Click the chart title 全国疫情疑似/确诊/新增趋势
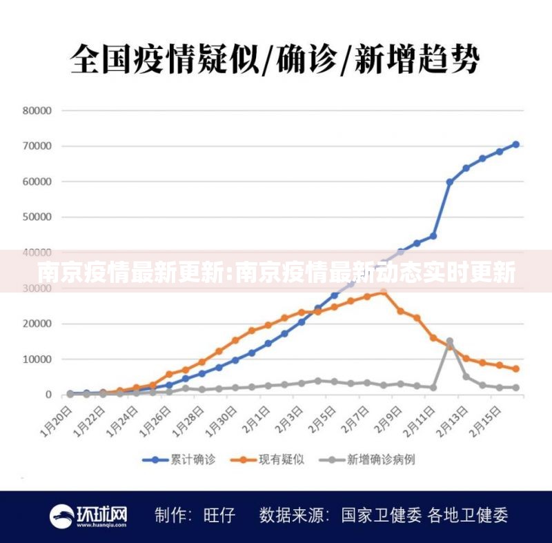click(275, 58)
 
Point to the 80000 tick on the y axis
click(37, 110)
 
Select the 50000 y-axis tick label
click(37, 217)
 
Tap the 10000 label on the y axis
click(37, 359)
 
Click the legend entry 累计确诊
click(175, 459)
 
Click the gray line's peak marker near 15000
click(450, 342)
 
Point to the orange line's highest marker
click(384, 292)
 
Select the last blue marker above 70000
click(515, 145)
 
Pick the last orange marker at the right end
click(515, 369)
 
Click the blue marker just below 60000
click(450, 182)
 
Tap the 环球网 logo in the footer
click(89, 515)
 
